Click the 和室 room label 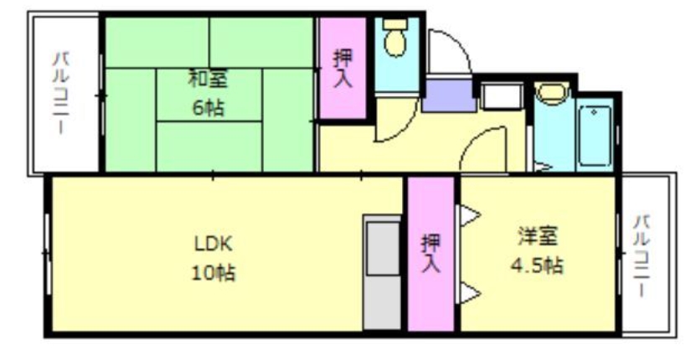(208, 80)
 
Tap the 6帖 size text (208, 108)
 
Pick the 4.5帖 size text (537, 266)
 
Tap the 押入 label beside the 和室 (343, 69)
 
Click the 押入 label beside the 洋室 (431, 254)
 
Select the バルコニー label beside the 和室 (63, 94)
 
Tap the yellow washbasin (549, 93)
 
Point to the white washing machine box (502, 96)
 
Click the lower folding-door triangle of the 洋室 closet (467, 292)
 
